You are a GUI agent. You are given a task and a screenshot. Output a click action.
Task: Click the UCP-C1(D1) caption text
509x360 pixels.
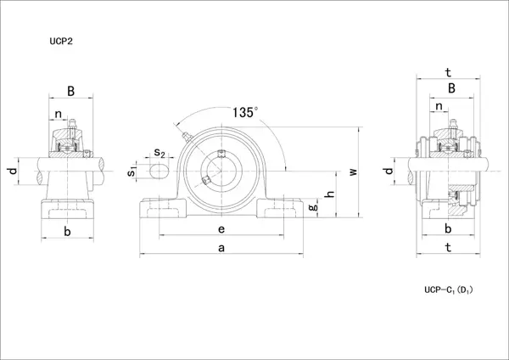point(447,290)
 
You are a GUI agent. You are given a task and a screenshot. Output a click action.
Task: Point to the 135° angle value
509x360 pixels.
point(244,111)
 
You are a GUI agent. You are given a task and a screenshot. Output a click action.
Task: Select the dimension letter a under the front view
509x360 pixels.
point(221,247)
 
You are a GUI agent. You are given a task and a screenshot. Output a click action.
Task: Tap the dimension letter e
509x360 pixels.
point(221,228)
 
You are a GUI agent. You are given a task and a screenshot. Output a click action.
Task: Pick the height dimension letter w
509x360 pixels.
point(354,172)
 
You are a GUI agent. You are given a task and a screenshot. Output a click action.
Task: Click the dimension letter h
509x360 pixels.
point(330,194)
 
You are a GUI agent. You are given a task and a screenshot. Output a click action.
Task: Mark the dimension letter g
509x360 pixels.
point(312,206)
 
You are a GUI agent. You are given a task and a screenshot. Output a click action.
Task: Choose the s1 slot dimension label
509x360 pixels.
point(131,172)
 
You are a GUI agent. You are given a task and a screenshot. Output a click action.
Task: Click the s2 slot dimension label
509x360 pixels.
point(159,154)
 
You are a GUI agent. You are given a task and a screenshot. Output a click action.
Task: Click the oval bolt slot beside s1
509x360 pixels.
point(159,172)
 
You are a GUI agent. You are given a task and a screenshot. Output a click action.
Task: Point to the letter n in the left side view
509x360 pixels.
point(58,114)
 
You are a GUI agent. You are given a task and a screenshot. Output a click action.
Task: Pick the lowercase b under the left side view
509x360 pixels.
point(67,231)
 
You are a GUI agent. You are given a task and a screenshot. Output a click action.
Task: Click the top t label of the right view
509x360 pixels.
point(447,73)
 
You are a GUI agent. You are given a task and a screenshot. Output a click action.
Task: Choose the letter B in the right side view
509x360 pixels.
point(451,88)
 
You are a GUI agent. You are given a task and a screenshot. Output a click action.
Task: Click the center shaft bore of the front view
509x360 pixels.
point(221,168)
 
